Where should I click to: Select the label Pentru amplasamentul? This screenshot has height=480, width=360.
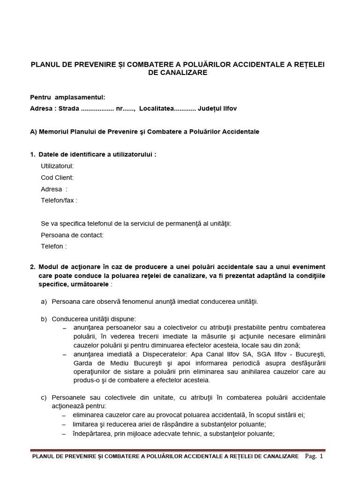[x=67, y=97]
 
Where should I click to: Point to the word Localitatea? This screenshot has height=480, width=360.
[x=156, y=108]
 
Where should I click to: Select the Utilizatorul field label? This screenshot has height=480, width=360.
[x=57, y=165]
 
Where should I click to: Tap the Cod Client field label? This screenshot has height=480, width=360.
[x=57, y=177]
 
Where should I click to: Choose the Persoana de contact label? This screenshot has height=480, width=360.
[x=72, y=235]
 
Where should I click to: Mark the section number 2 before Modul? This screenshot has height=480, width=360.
[x=32, y=267]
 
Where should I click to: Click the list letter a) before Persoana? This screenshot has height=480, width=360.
[x=44, y=301]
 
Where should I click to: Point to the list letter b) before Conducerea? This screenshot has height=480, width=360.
[x=44, y=319]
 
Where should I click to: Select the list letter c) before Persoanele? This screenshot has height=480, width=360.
[x=44, y=397]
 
